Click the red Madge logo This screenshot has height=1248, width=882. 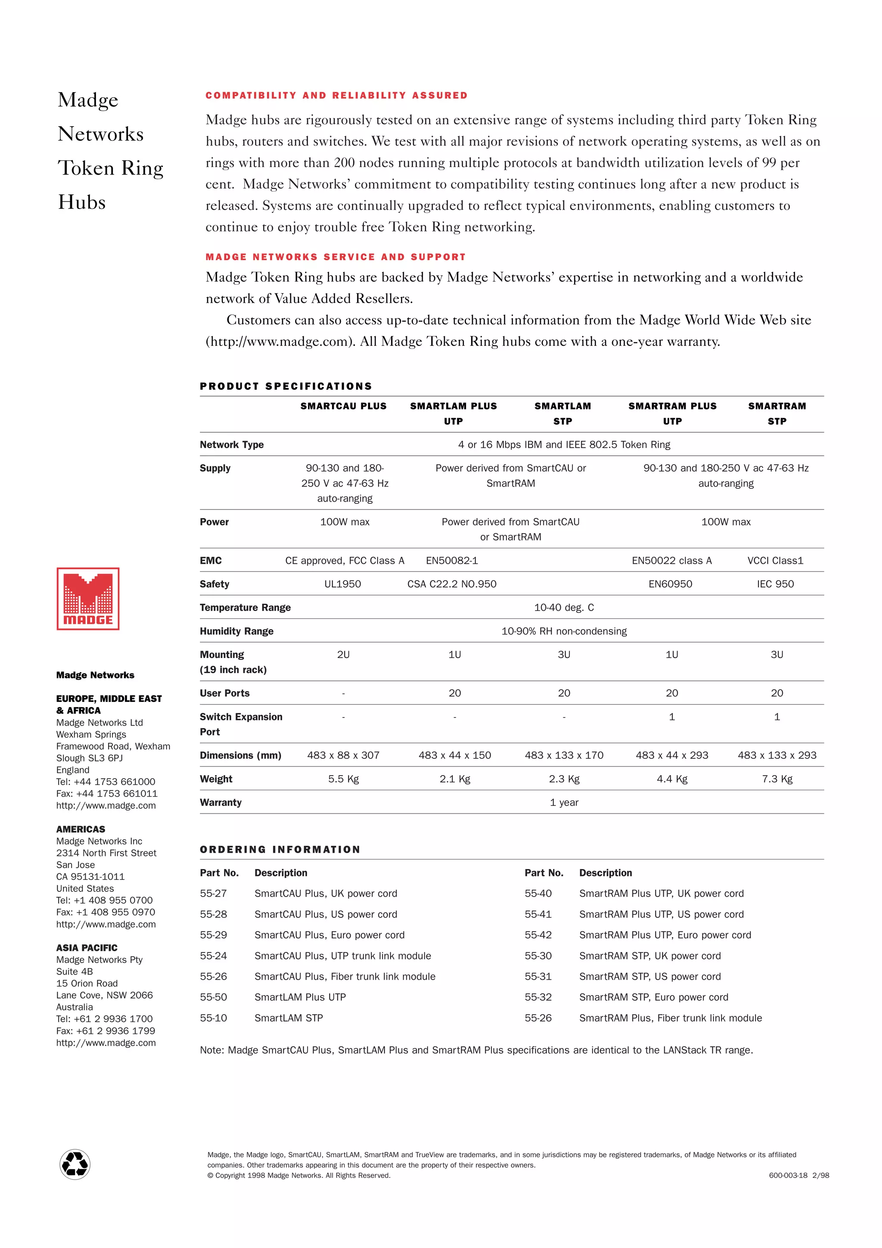87,599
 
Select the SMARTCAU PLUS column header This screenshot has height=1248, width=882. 343,406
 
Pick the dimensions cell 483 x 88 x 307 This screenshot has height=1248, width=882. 343,755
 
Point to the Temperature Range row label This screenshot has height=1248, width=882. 245,607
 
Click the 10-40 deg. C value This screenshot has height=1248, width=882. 564,607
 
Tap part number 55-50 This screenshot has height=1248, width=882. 213,997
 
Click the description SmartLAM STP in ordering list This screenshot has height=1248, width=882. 289,1018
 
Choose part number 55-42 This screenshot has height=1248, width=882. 537,935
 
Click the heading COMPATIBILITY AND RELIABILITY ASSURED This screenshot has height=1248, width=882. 336,96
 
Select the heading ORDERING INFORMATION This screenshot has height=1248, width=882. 280,850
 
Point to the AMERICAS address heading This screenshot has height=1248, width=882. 81,829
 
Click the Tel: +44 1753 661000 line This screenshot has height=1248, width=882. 106,782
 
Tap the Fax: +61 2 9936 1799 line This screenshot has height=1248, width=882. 106,1031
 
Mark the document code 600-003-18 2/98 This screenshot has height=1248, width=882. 798,1175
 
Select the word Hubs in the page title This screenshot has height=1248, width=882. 81,202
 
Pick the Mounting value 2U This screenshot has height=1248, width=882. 343,655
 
